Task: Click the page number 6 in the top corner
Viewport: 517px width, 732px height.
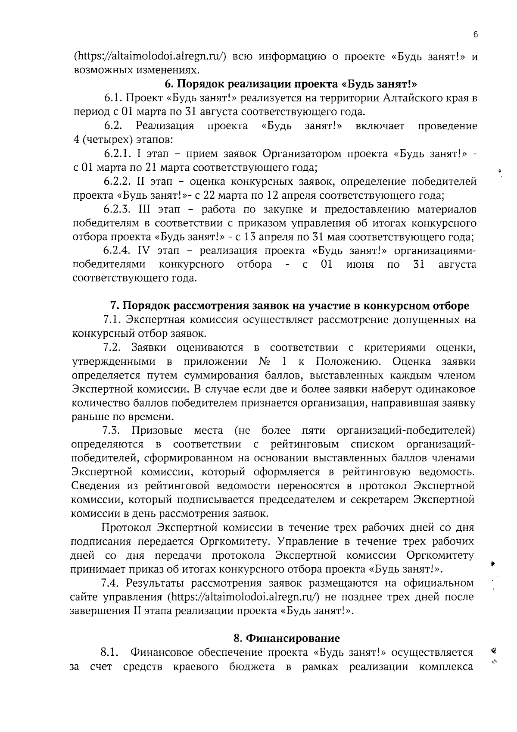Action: point(475,35)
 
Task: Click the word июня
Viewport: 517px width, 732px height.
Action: point(360,264)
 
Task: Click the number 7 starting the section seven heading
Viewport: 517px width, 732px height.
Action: point(114,306)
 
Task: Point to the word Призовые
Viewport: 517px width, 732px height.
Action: point(157,431)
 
